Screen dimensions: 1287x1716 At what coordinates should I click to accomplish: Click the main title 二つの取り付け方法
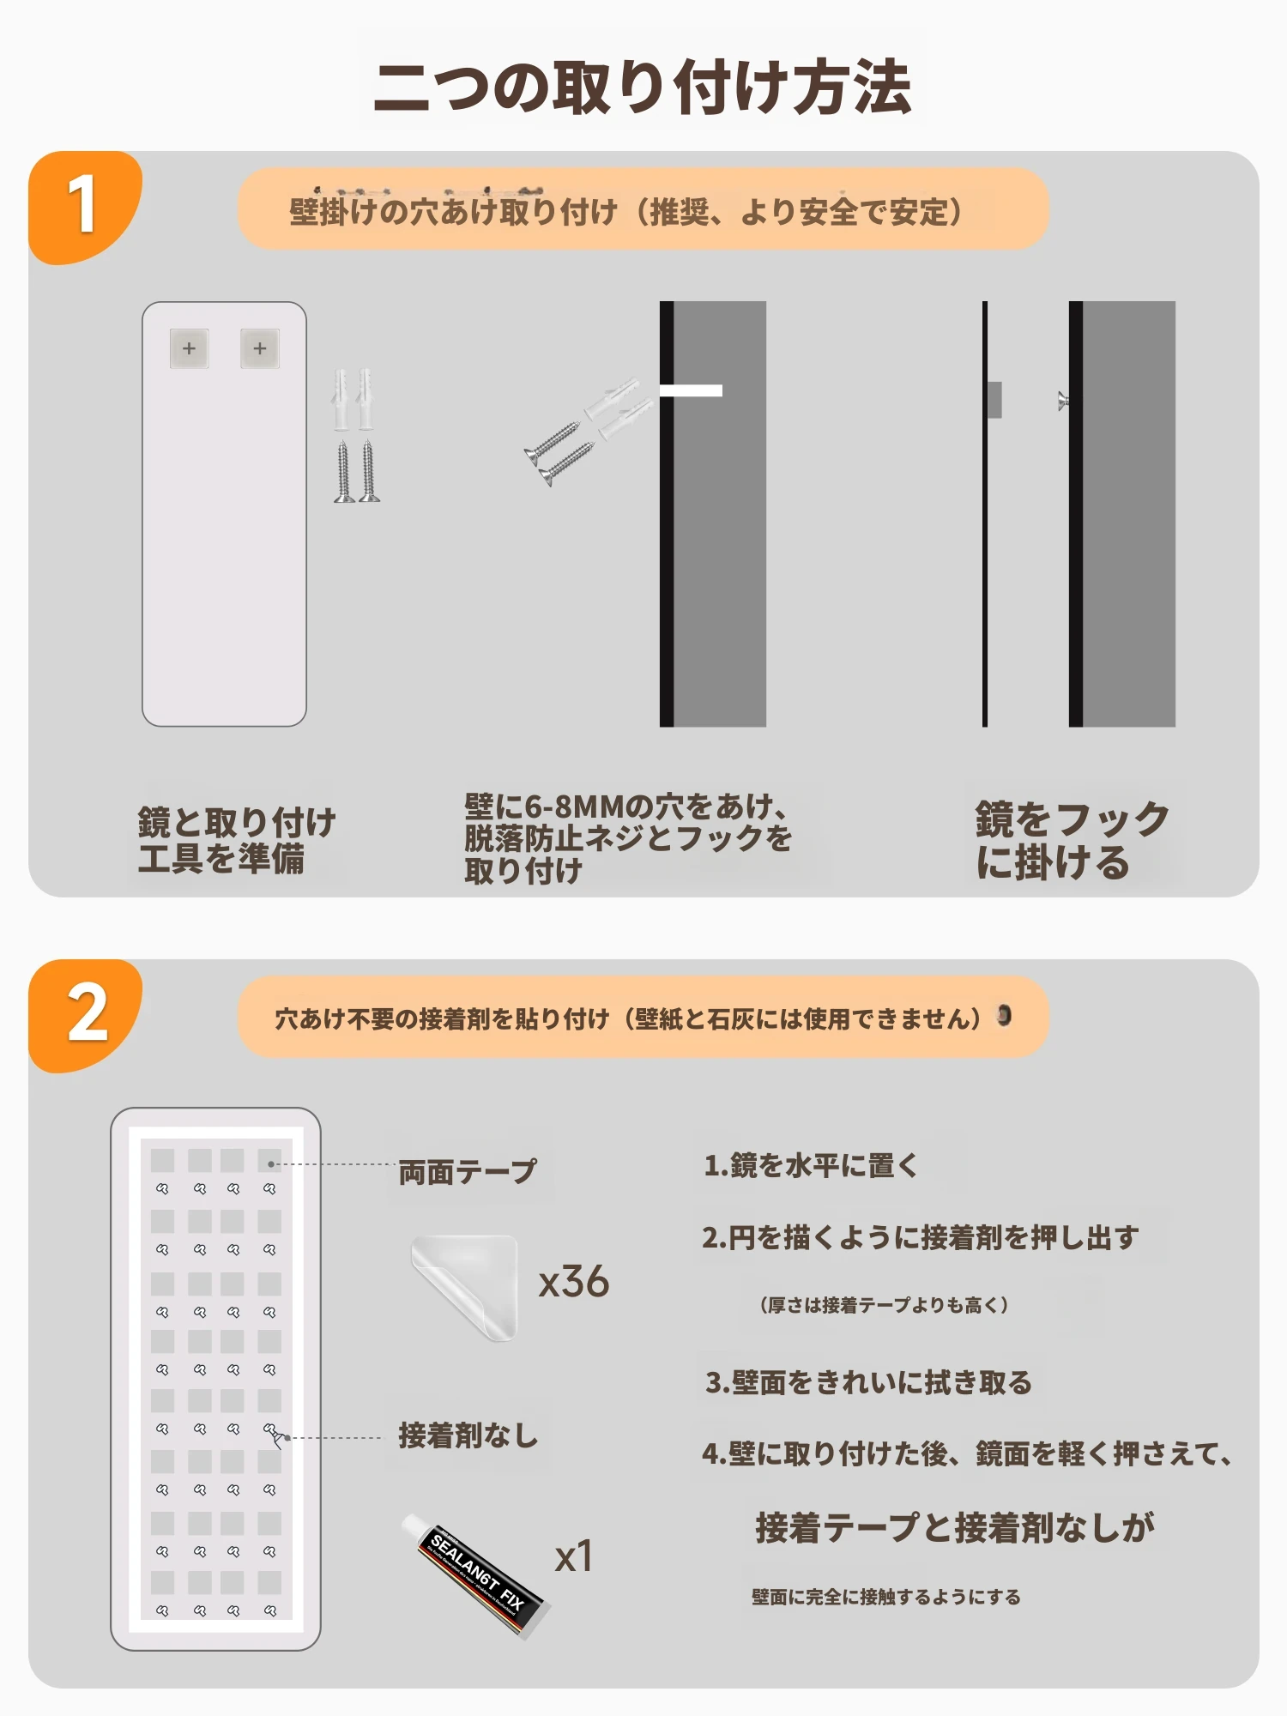click(x=643, y=88)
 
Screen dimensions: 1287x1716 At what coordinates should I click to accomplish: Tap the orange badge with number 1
click(x=84, y=207)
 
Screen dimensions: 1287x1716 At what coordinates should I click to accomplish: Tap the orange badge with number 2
click(x=84, y=1015)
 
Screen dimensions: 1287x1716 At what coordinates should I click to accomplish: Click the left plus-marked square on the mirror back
click(x=189, y=348)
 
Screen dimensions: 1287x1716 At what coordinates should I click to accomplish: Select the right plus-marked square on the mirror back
click(x=260, y=348)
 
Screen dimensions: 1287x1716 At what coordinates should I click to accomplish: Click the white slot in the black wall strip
click(x=691, y=390)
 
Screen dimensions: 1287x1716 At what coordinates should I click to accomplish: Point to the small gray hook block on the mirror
click(x=994, y=400)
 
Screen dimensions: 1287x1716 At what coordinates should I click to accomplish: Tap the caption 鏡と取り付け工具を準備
click(x=236, y=840)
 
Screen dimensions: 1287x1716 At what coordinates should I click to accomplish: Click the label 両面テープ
click(x=468, y=1172)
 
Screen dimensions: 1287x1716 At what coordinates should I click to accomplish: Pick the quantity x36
click(x=574, y=1282)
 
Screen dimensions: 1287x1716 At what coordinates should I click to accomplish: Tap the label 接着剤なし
click(x=468, y=1435)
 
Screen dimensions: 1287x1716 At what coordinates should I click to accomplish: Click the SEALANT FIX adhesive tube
click(x=475, y=1575)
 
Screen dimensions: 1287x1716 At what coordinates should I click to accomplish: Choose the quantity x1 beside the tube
click(x=574, y=1556)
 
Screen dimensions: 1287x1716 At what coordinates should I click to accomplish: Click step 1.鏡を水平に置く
click(x=811, y=1165)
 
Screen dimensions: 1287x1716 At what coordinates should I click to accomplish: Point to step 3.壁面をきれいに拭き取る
click(x=868, y=1382)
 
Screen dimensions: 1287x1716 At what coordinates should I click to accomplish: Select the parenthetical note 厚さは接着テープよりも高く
click(x=884, y=1305)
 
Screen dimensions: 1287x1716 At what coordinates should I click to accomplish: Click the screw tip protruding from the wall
click(x=1063, y=401)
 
